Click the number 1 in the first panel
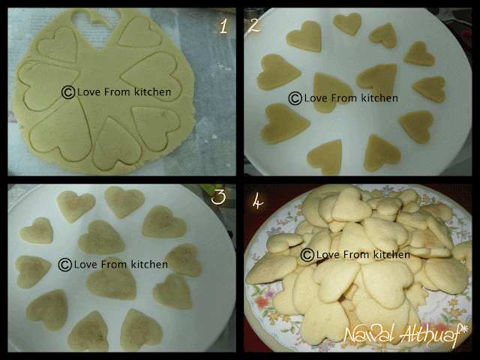[223, 25]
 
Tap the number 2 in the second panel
[254, 25]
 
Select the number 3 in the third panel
[218, 196]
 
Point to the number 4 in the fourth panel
[257, 202]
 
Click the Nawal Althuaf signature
[406, 335]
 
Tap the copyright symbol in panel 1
[68, 92]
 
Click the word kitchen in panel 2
[379, 98]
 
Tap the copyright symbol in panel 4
[307, 255]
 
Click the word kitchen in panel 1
[152, 91]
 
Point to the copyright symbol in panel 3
[65, 265]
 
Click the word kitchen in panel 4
[391, 254]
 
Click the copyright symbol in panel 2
[295, 98]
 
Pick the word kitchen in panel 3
[149, 264]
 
